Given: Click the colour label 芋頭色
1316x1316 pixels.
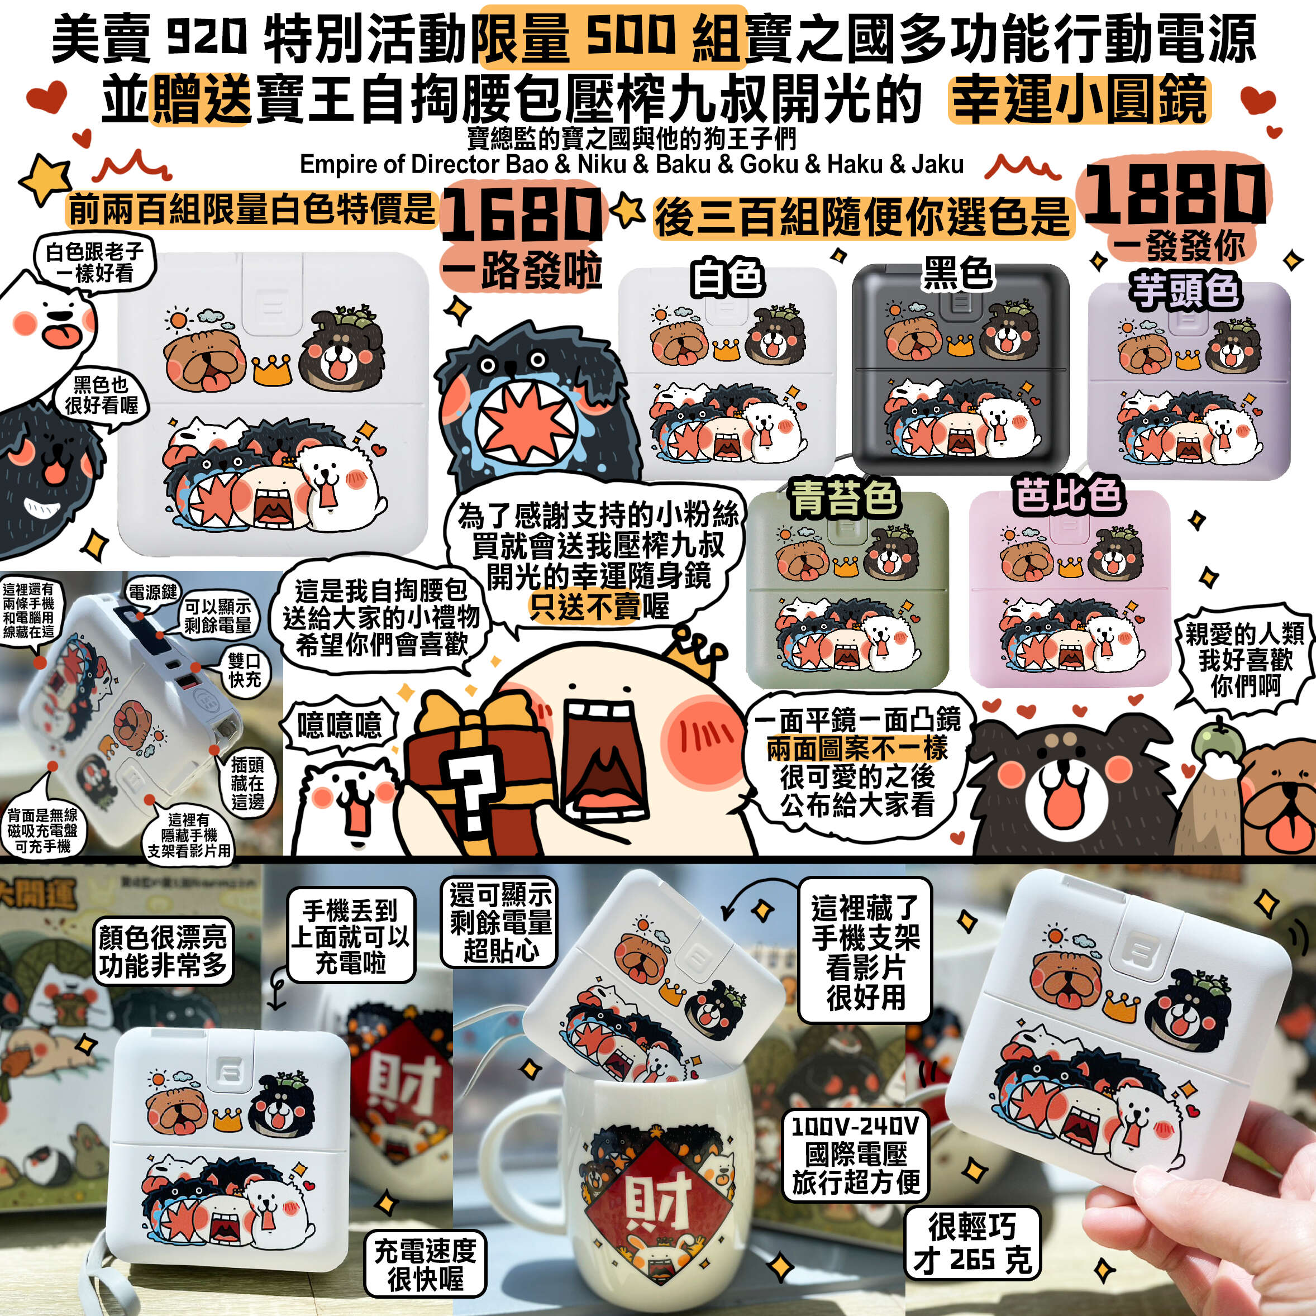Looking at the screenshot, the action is point(1185,290).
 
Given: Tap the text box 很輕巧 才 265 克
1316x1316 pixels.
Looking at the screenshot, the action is point(972,1242).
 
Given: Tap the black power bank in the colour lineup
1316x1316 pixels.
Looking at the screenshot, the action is point(960,368).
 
